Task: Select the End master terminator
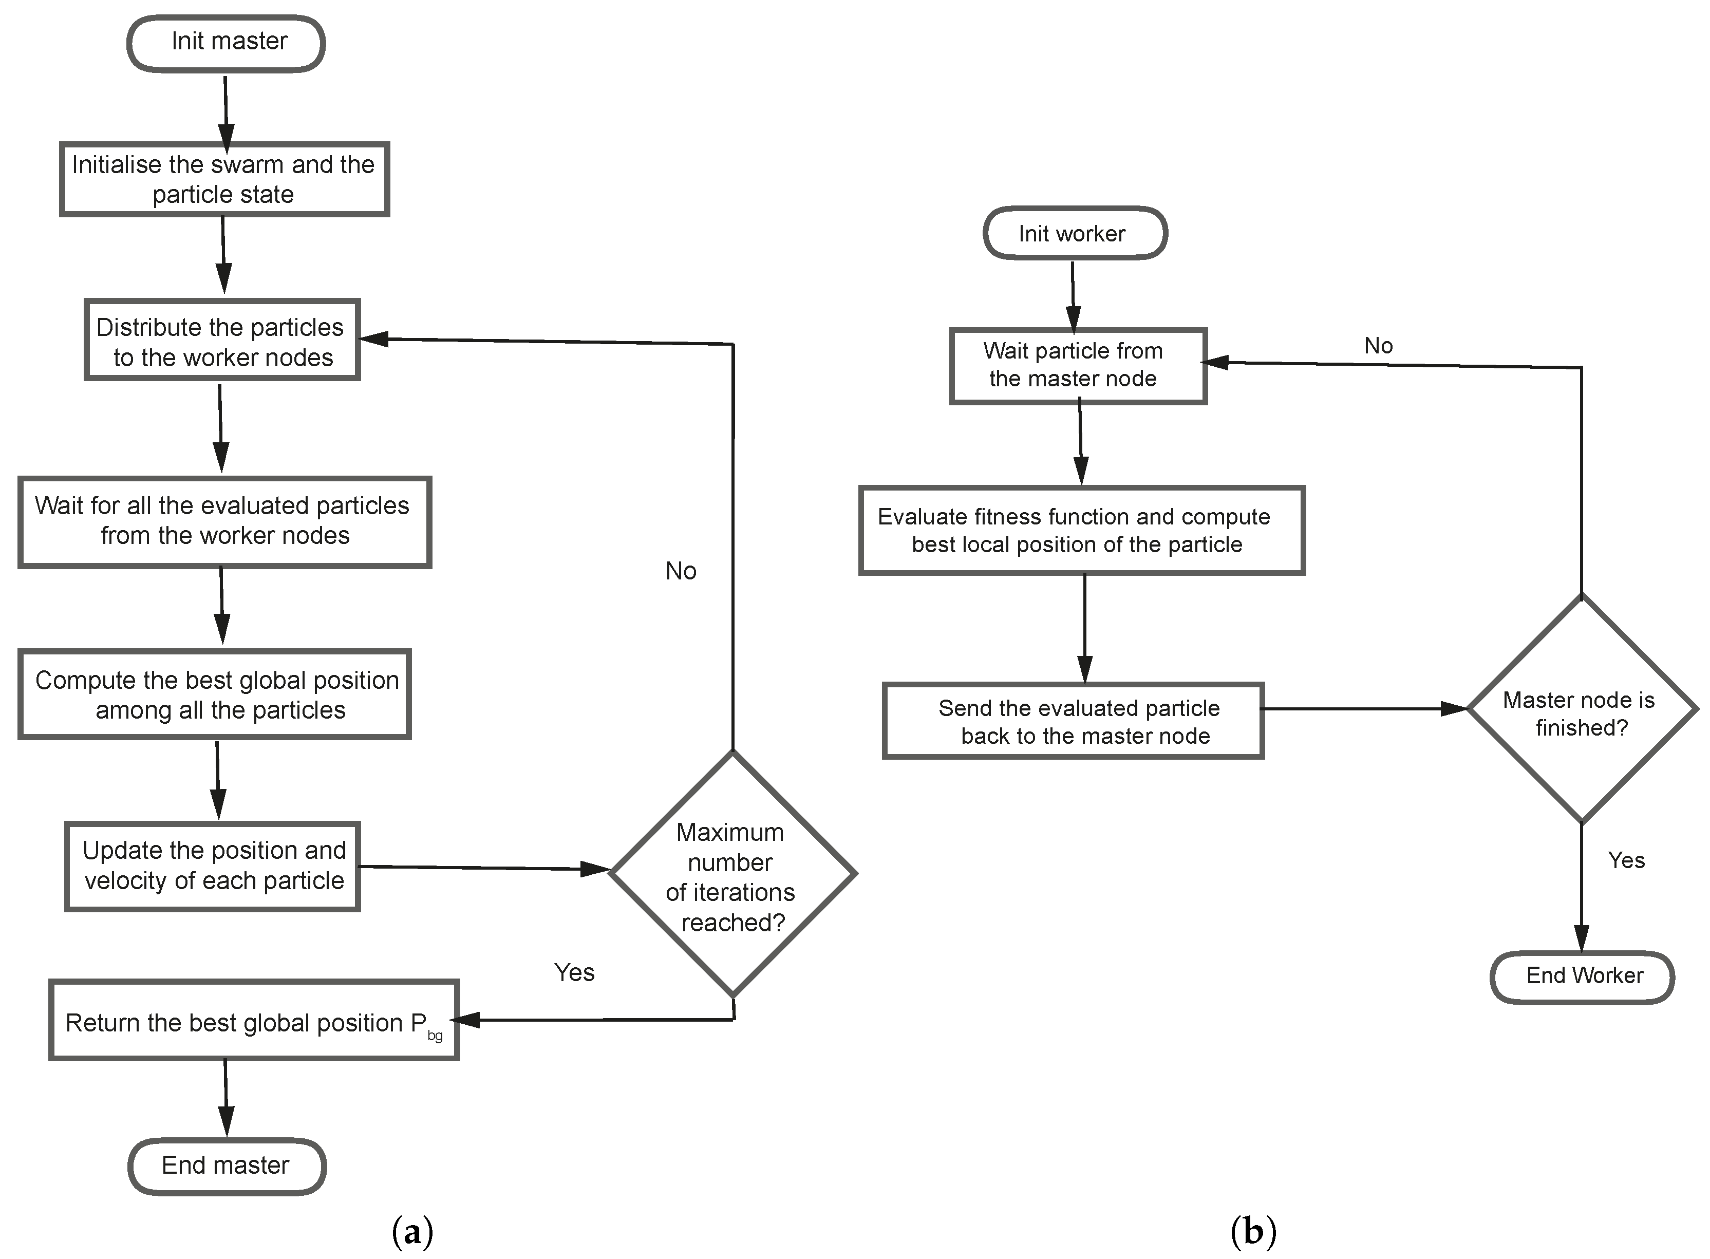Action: pos(227,1166)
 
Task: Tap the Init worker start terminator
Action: pos(1075,233)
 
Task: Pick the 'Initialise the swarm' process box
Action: pos(224,179)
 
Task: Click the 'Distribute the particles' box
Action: pos(222,341)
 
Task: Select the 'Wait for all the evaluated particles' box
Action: pos(224,521)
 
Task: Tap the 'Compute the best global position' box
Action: pos(215,694)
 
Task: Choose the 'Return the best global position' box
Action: pos(254,1021)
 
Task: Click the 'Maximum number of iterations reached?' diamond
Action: pos(732,874)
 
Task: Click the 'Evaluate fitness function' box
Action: pos(1081,531)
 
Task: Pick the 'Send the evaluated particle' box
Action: pos(1073,721)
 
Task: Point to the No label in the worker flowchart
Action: pos(1378,346)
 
